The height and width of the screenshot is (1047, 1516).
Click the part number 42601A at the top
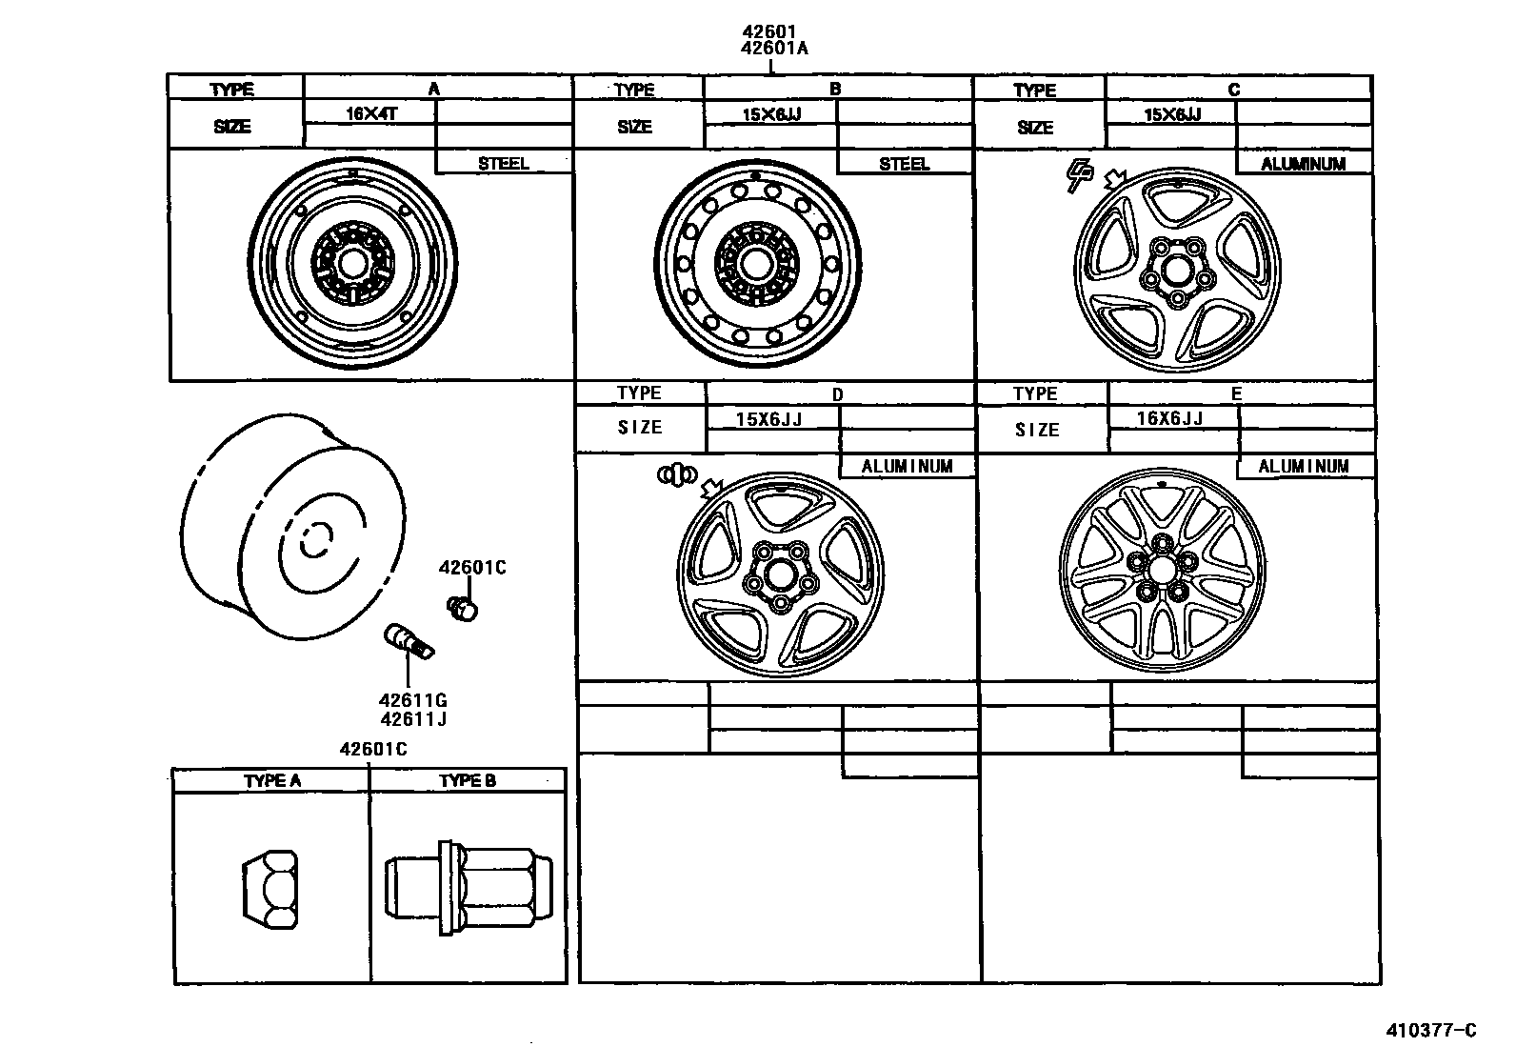[773, 49]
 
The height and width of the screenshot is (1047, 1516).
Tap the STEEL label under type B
[904, 164]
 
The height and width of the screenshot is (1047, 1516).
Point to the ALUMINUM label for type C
[1303, 164]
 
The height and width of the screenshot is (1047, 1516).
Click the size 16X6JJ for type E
[1169, 418]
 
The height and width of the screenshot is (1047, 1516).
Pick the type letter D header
[837, 394]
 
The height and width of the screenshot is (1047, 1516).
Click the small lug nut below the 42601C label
[462, 607]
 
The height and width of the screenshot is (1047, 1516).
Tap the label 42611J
[413, 719]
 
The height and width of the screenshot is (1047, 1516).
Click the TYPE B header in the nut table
[467, 780]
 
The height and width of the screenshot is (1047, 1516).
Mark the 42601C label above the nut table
[372, 749]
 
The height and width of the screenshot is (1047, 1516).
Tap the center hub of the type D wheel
[777, 574]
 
